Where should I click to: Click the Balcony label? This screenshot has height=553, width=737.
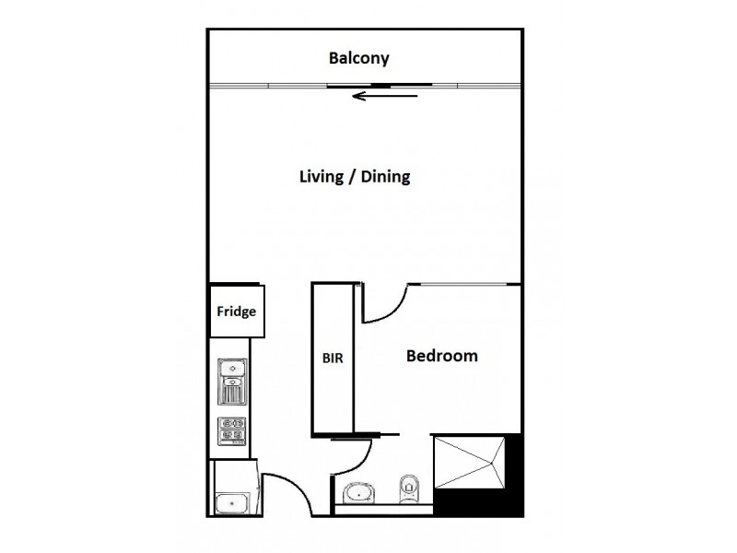pos(359,59)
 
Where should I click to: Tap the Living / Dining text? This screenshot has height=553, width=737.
pos(354,177)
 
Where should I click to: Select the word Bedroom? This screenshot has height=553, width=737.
pos(442,355)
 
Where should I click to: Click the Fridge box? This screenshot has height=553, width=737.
pos(236,311)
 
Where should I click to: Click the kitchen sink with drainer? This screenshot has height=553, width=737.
pos(231,381)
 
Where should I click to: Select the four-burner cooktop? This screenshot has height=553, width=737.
pos(231,431)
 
